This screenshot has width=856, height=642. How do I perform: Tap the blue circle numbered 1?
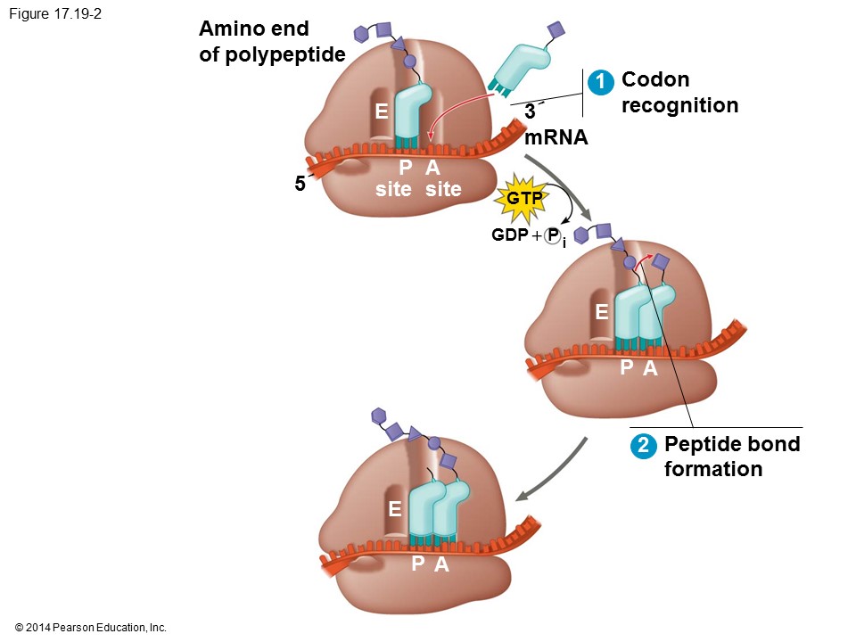602,81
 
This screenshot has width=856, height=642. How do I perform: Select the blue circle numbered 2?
642,446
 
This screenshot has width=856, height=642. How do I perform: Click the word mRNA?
556,138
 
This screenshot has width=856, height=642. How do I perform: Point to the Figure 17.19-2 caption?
52,14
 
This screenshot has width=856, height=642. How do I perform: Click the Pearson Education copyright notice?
90,628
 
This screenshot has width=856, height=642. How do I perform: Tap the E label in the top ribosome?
382,111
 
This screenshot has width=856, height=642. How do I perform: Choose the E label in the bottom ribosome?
395,509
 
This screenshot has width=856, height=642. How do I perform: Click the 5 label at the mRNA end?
300,185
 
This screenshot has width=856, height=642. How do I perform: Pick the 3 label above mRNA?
530,112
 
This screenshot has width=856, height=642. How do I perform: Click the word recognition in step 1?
679,105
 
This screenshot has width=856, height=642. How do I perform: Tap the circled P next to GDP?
553,235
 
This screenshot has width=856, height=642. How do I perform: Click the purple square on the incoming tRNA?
556,29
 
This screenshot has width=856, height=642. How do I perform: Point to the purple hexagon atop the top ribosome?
361,35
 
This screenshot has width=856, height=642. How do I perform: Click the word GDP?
510,235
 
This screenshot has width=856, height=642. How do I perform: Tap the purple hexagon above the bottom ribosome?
378,416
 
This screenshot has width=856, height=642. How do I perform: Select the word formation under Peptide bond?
713,469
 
